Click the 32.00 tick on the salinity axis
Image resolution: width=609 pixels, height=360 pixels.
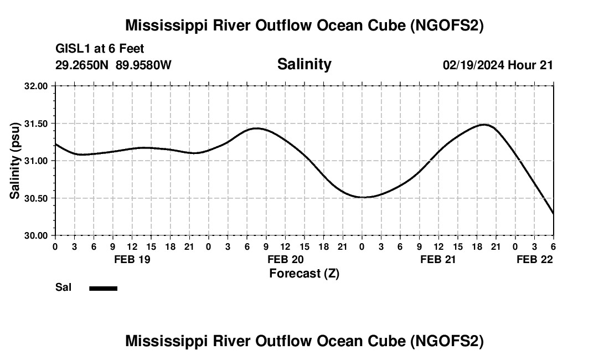(37, 86)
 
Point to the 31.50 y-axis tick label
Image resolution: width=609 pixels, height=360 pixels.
(37, 124)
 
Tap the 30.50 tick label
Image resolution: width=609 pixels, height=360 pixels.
(37, 198)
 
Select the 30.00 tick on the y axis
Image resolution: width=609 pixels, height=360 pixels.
(37, 235)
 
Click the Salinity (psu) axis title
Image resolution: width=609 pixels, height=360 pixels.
(16, 161)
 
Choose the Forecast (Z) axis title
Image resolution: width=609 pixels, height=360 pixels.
(304, 273)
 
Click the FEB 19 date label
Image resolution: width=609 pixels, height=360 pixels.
(132, 259)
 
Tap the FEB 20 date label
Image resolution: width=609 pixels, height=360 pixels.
(285, 259)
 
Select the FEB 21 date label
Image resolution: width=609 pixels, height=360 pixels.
(438, 259)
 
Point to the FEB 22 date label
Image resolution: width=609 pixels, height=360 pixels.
(535, 259)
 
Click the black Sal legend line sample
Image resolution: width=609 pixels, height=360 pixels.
(103, 288)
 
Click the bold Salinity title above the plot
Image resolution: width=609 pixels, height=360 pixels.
(304, 64)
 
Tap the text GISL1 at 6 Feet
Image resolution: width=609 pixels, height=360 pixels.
(100, 49)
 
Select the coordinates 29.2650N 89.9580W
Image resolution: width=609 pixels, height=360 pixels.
(113, 65)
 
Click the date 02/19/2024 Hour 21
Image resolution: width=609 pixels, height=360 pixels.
(498, 65)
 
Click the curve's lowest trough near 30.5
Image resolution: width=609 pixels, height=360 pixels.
(363, 197)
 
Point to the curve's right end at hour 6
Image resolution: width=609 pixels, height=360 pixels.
(553, 213)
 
